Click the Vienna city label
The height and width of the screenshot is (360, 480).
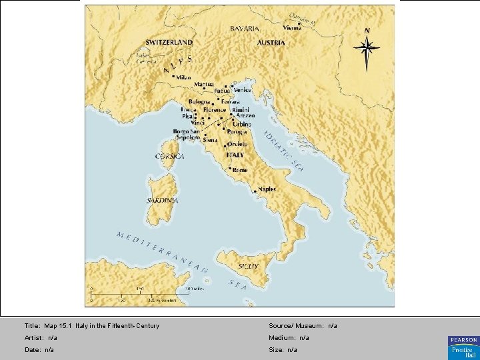coord(292,29)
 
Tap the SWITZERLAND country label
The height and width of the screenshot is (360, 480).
coord(169,42)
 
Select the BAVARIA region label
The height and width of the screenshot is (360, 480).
coord(245,29)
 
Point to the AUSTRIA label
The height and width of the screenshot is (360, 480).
coord(271,43)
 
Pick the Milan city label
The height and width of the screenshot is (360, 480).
coord(183,78)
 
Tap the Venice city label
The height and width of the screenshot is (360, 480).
coord(243,90)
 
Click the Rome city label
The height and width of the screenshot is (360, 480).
coord(239,170)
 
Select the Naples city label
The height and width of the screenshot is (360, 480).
coord(267,189)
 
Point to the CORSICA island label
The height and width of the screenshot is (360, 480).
coord(169,156)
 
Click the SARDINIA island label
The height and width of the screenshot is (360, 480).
coord(162,200)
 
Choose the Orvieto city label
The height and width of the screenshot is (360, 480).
coord(237,145)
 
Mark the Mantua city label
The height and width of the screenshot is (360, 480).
coord(204,85)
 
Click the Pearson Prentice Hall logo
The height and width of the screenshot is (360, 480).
coord(463,345)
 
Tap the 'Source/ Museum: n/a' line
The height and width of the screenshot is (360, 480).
coord(303,326)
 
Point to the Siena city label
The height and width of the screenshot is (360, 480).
coord(210,141)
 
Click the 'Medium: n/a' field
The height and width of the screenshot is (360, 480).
coord(289,338)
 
